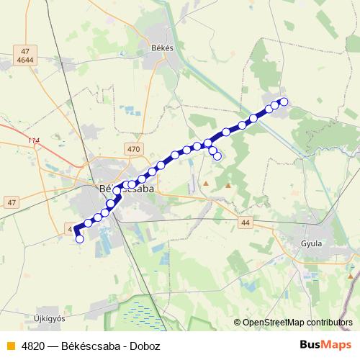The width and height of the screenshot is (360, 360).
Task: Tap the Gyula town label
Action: coord(311,243)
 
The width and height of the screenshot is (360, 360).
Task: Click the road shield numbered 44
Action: coord(246,223)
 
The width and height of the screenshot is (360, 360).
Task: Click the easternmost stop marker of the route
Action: coord(284,102)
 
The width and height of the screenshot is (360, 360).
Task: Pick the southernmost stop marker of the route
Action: coord(80,239)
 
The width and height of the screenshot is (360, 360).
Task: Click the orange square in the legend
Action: coord(10,345)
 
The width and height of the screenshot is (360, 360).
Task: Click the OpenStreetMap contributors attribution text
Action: coord(297,323)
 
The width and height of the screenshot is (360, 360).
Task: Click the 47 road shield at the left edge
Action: coord(11,202)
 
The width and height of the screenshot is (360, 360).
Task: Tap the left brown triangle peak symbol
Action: coord(205,184)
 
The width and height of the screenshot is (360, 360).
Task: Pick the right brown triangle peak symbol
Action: coord(228,185)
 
